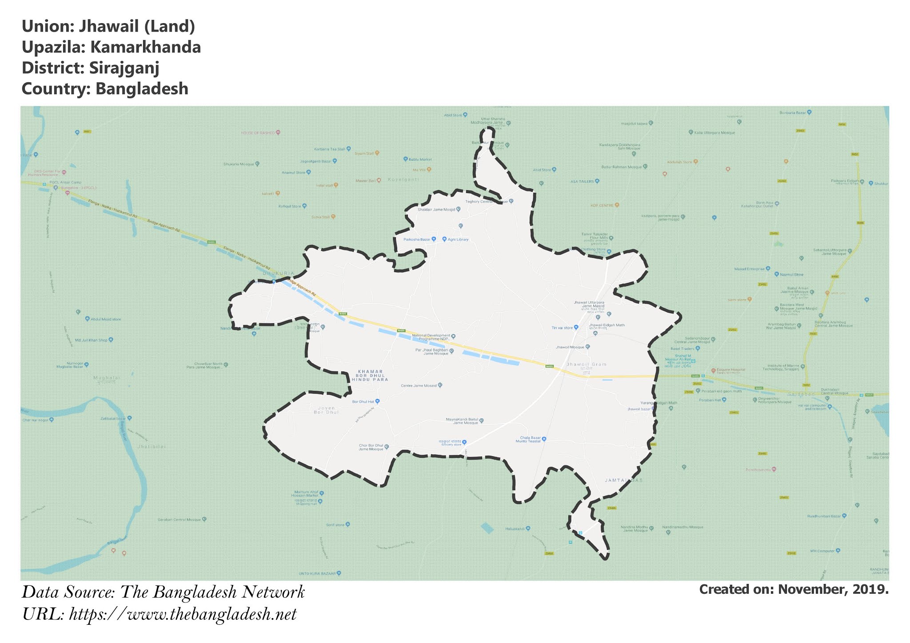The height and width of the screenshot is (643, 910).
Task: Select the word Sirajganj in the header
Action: [x=124, y=68]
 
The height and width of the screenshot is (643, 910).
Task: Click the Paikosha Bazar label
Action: [x=417, y=239]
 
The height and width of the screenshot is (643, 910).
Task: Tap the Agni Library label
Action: [x=458, y=239]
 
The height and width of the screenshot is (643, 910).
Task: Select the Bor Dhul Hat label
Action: [x=363, y=401]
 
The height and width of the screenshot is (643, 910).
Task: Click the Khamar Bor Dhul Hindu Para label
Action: [x=370, y=375]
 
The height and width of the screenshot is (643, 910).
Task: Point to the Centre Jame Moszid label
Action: [x=419, y=385]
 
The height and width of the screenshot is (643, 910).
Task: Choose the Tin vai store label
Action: [x=562, y=327]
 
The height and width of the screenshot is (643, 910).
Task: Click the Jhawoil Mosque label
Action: [x=570, y=347]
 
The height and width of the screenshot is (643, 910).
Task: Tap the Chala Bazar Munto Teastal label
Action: [x=528, y=439]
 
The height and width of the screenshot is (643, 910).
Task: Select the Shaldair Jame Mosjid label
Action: [x=436, y=209]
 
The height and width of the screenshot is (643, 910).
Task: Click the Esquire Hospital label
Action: [x=731, y=369]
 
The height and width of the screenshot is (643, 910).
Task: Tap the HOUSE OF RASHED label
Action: [x=258, y=133]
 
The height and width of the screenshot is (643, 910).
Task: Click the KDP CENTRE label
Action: [x=602, y=205]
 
